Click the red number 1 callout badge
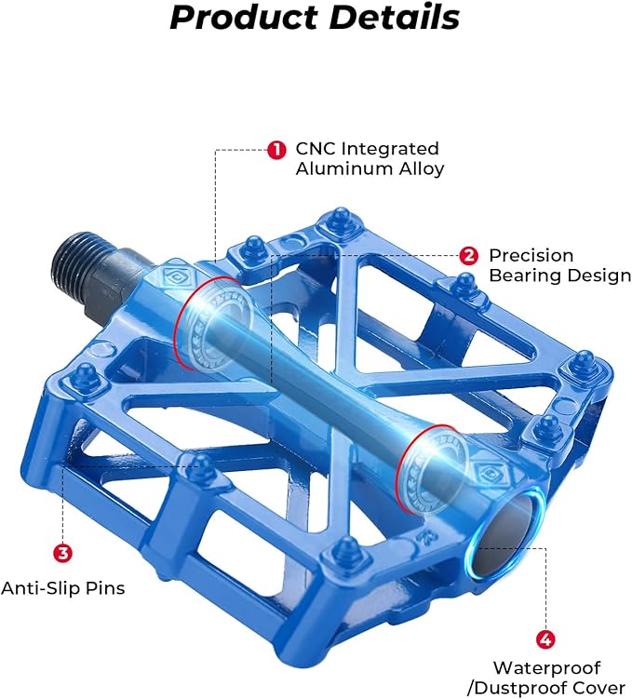click(x=276, y=150)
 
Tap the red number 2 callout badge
click(x=468, y=256)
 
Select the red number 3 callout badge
click(x=63, y=553)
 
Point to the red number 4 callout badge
click(x=545, y=639)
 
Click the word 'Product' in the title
click(x=243, y=18)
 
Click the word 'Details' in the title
click(x=395, y=17)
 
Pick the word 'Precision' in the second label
click(x=531, y=256)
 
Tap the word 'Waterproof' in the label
click(x=547, y=667)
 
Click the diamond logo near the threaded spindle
click(x=174, y=278)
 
